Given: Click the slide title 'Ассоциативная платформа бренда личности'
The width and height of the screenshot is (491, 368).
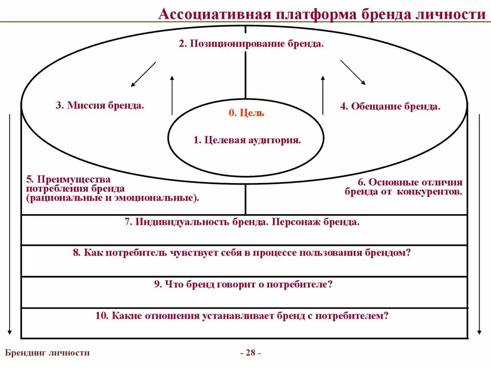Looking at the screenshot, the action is point(322,14).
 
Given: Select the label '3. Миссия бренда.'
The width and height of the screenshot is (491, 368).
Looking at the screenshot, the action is point(100,105).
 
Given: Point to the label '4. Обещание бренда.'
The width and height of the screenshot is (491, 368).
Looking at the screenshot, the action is point(390,106).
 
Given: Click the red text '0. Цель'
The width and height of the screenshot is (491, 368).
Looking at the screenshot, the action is point(246,113).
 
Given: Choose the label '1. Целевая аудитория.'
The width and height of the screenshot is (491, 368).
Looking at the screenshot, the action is point(247,140).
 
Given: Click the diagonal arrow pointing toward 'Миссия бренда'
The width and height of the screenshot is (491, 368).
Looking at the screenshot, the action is point(143,74).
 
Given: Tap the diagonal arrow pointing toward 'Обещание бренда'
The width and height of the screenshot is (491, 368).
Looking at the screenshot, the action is point(352,72).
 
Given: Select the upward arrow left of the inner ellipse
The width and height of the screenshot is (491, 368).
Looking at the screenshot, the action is point(172,94).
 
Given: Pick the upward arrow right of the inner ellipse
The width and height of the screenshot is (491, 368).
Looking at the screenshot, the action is point(323,94).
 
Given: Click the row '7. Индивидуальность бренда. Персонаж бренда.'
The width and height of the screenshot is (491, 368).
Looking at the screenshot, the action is point(242,222).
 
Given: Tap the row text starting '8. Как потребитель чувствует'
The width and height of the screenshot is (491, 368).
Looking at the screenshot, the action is point(242,253).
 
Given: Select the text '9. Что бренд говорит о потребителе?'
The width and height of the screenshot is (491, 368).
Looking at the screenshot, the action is point(243,284).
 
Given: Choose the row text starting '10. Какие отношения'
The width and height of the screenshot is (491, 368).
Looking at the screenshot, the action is point(242,316).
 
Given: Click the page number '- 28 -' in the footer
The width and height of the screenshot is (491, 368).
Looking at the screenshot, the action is point(250,353).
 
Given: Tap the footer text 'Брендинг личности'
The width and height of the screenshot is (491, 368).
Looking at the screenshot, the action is point(47,353).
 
